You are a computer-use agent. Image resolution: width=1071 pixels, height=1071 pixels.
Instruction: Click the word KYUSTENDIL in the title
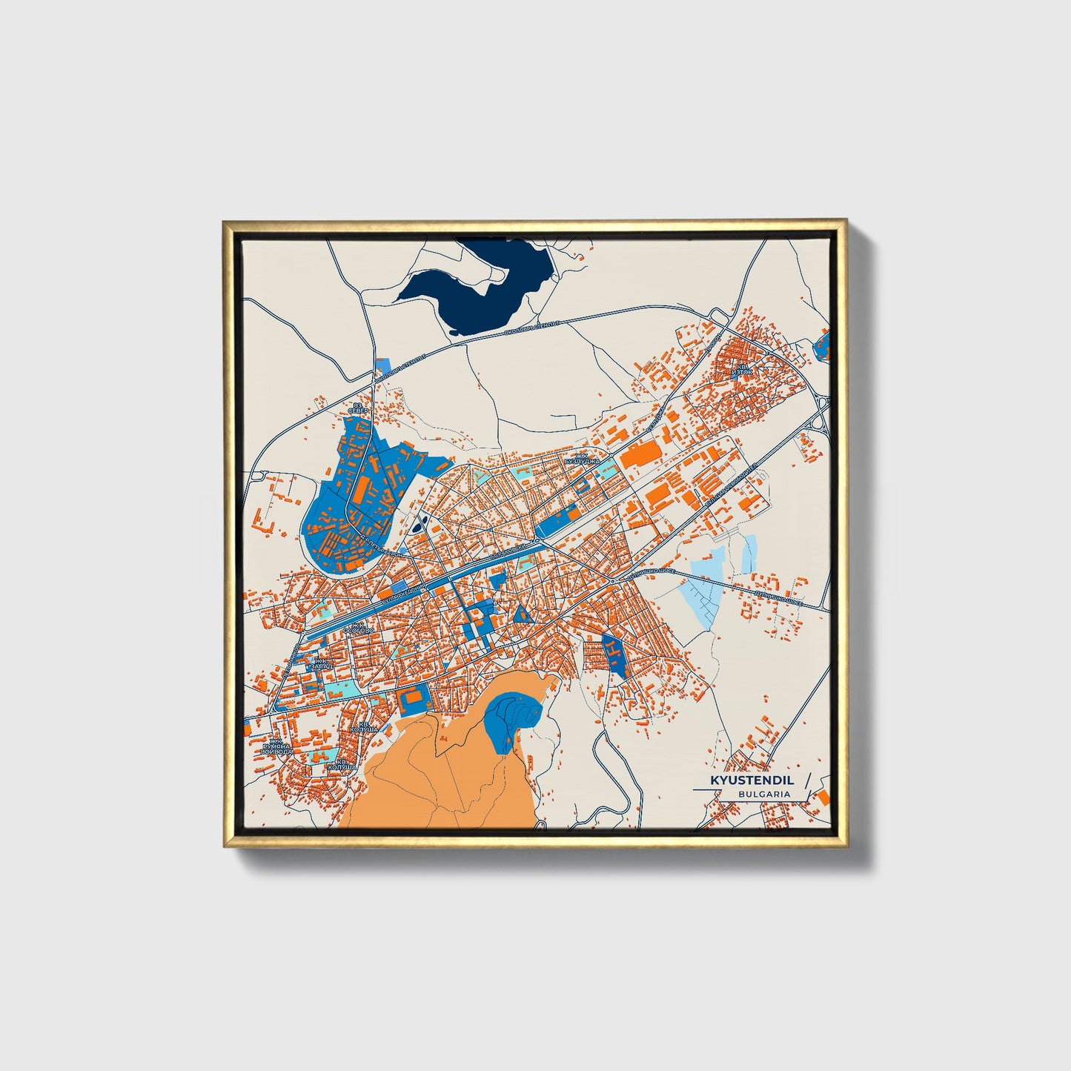752,780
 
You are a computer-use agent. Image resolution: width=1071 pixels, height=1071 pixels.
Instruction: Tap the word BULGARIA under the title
763,794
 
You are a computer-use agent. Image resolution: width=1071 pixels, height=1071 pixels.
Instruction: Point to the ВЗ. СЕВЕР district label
359,409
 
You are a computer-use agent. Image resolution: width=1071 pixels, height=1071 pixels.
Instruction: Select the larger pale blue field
701,586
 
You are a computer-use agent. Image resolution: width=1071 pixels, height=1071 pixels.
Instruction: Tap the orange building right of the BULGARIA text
822,796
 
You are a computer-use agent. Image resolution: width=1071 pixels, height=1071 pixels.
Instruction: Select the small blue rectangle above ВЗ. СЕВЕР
383,365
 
